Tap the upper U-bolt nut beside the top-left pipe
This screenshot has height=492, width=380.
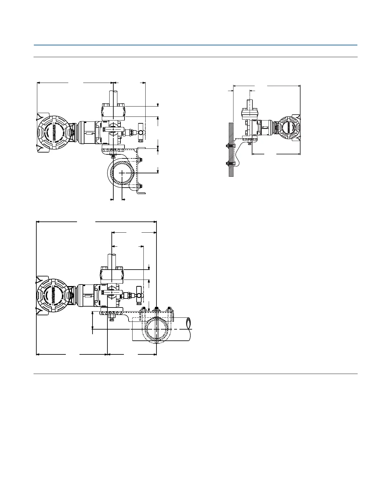click(x=141, y=160)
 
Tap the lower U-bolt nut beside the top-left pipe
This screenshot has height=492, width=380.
click(x=141, y=186)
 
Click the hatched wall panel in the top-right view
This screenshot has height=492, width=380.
click(x=231, y=149)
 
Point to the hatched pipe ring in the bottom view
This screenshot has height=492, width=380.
click(x=157, y=330)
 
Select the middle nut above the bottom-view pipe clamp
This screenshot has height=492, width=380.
click(x=156, y=309)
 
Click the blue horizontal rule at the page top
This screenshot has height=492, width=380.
click(x=196, y=45)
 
